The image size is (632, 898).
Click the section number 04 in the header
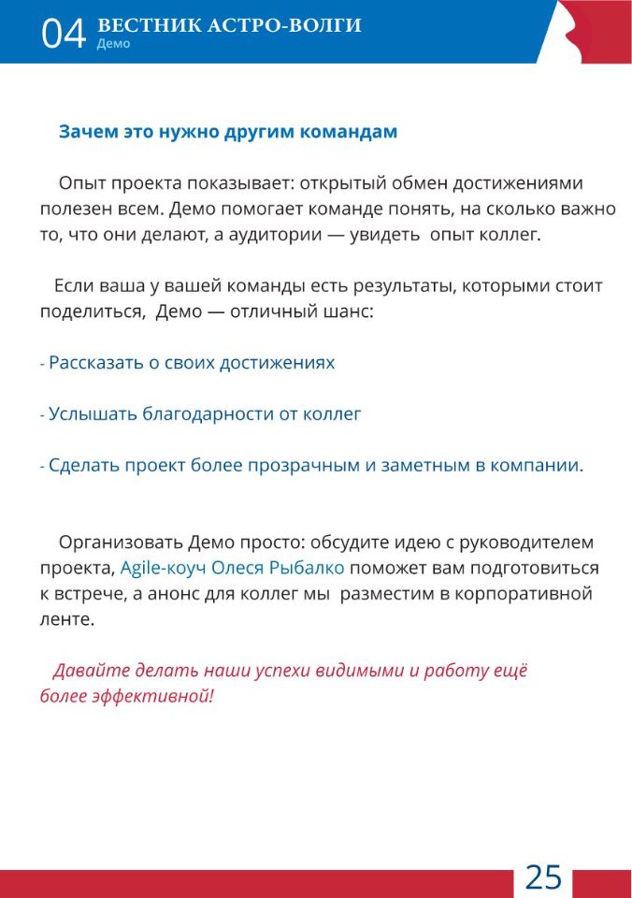pos(64,34)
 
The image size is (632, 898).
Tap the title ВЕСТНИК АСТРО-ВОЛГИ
pos(229,25)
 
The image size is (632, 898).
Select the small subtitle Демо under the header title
pos(113,44)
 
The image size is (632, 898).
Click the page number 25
pos(543,876)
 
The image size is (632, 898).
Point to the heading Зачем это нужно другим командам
pos(228,132)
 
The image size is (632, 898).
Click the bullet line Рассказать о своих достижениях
pos(191,362)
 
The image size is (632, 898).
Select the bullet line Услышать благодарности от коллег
pos(204,413)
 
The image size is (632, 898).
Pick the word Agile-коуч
pos(164,568)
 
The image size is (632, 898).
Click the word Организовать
pos(121,543)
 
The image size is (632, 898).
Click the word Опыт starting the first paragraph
pos(79,182)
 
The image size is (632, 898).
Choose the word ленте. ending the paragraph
pos(67,619)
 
